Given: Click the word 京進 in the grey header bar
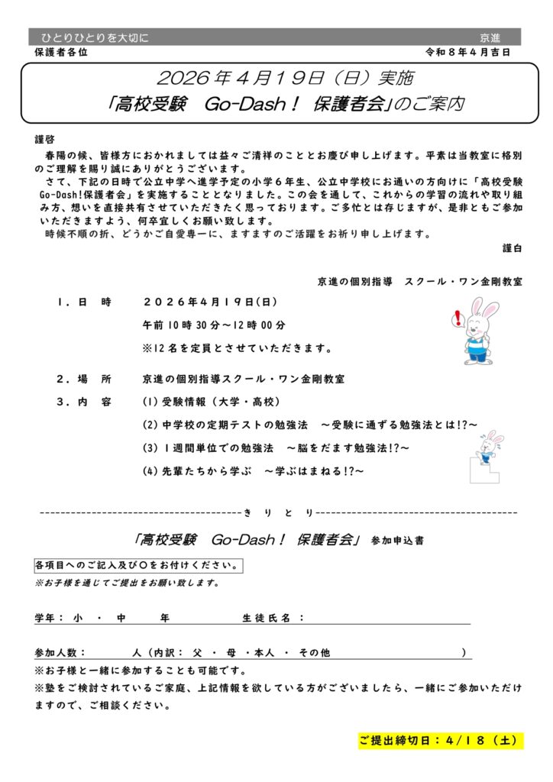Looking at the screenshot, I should (490, 37).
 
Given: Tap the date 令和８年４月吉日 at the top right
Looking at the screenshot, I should (468, 52).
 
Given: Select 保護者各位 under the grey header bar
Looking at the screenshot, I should (62, 52).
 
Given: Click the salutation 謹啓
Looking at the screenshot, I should (45, 140).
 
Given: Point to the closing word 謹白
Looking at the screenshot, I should (513, 248).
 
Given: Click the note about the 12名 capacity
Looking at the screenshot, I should (237, 348).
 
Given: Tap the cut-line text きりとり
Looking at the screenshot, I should (279, 511).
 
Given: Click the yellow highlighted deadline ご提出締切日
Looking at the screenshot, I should (441, 740).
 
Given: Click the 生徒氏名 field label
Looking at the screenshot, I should (273, 617).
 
